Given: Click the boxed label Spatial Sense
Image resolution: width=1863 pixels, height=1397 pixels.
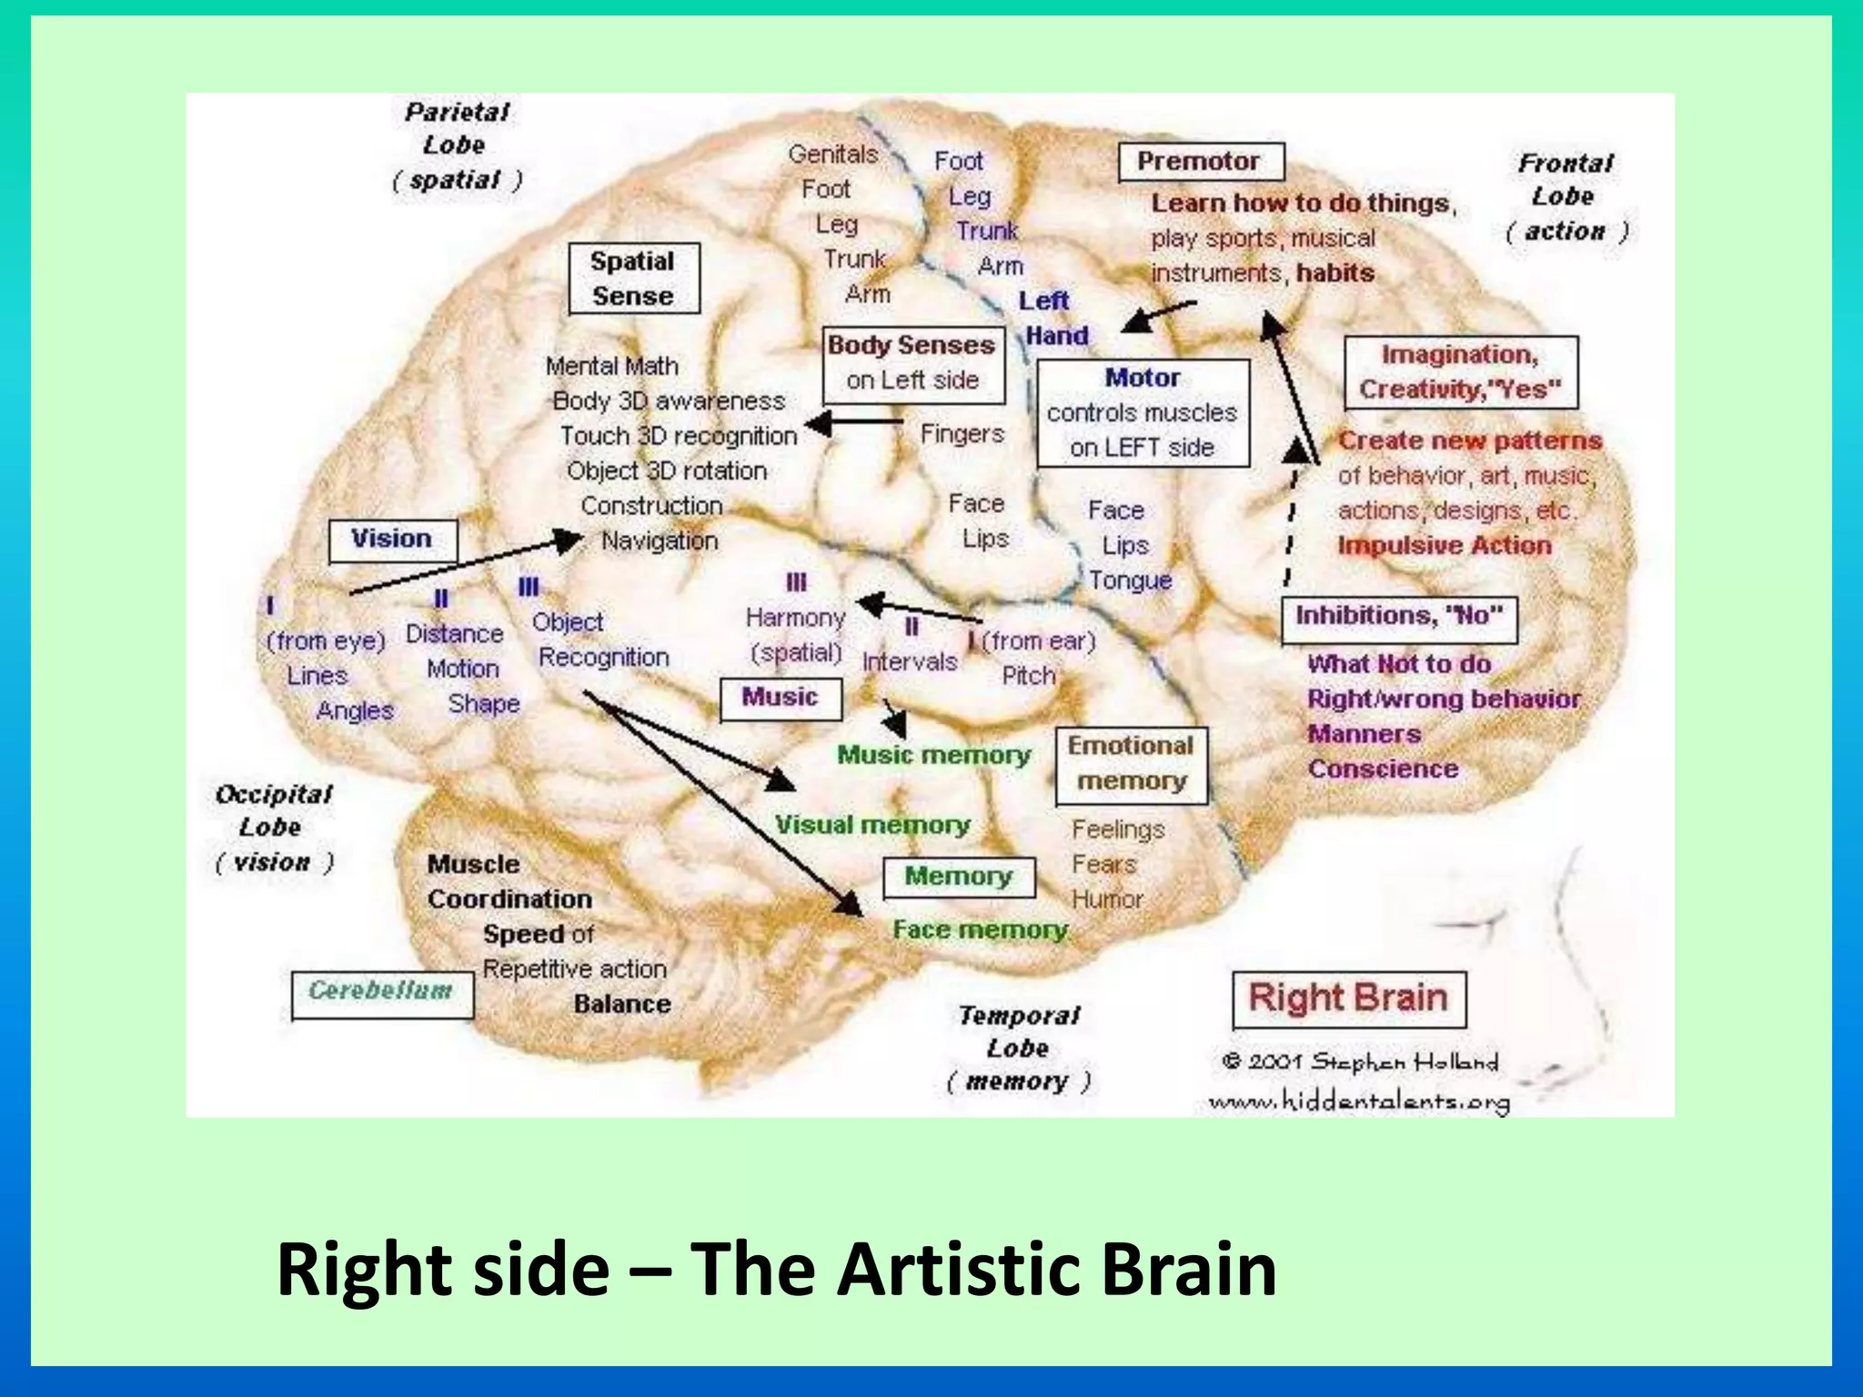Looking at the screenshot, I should [x=634, y=278].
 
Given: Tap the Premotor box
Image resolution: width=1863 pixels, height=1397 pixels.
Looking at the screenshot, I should [x=1201, y=162].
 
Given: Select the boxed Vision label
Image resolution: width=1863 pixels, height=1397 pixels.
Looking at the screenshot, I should [x=392, y=539].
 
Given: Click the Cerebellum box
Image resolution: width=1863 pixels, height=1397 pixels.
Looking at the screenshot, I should [x=382, y=993].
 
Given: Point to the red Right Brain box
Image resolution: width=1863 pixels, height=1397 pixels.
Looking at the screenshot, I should [x=1348, y=999].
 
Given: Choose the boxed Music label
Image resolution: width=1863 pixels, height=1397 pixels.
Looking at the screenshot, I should [x=780, y=698].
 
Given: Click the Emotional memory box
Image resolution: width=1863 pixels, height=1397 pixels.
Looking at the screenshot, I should [x=1131, y=765].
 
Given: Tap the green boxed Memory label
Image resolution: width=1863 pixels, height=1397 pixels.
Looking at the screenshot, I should [x=958, y=877].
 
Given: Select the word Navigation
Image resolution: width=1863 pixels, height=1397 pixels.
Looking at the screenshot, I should [x=660, y=541].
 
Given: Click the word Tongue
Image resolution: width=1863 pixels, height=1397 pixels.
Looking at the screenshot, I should [x=1130, y=580].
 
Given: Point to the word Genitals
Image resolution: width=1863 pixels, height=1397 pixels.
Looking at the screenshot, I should [x=832, y=155].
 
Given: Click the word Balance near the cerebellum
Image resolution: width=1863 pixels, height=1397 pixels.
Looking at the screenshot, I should [x=622, y=1004].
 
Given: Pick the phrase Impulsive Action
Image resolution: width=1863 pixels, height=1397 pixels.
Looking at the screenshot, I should [x=1445, y=546].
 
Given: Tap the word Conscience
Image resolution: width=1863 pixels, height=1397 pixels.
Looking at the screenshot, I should [x=1383, y=769].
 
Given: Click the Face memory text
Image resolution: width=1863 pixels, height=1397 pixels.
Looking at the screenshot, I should [x=980, y=930].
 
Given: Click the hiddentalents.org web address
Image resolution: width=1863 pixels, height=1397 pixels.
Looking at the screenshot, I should [x=1359, y=1102].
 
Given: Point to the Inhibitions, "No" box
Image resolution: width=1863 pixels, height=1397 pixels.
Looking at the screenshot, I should [x=1399, y=618].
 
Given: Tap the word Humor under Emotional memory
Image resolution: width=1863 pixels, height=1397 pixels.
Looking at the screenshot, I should [x=1106, y=900].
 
